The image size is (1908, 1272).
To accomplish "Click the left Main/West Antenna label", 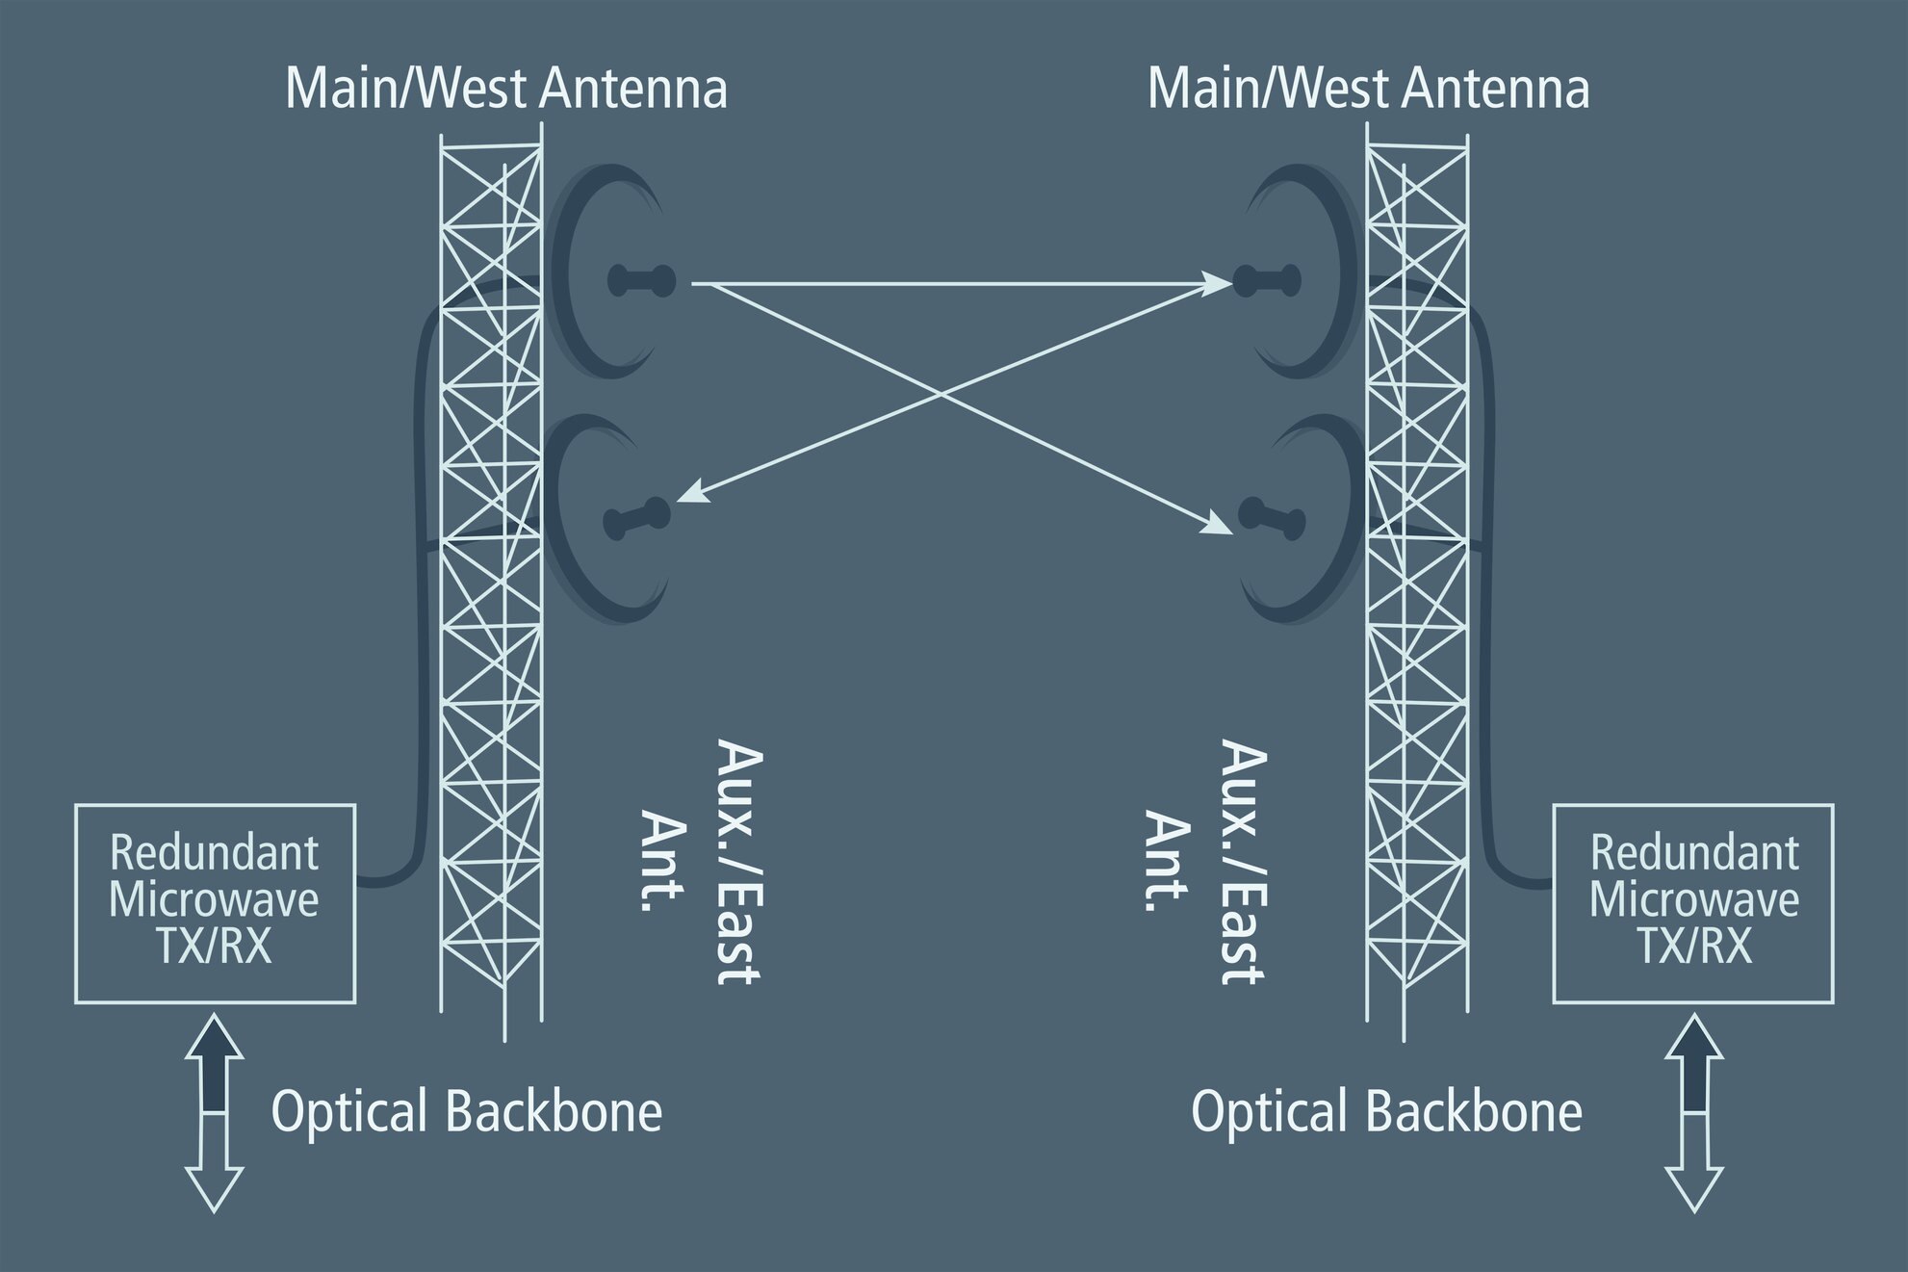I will pyautogui.click(x=506, y=90).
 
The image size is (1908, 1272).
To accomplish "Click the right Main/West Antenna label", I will pyautogui.click(x=1368, y=90).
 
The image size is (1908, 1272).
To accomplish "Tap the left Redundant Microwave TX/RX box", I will pyautogui.click(x=215, y=903).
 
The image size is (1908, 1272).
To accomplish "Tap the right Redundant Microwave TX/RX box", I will pyautogui.click(x=1693, y=903).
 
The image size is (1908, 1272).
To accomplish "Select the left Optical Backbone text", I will pyautogui.click(x=467, y=1111).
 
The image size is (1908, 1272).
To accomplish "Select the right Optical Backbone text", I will pyautogui.click(x=1386, y=1111).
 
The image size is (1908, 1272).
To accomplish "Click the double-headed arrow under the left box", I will pyautogui.click(x=214, y=1113).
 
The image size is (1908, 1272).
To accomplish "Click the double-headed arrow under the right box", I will pyautogui.click(x=1693, y=1113).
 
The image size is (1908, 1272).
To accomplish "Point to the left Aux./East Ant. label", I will pyautogui.click(x=703, y=862).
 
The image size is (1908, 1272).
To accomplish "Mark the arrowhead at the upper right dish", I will pyautogui.click(x=1219, y=283).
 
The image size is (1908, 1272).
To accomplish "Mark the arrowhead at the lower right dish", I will pyautogui.click(x=1219, y=527).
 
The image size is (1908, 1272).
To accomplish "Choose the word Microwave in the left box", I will pyautogui.click(x=214, y=900).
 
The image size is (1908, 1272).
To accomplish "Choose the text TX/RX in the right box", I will pyautogui.click(x=1693, y=948).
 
